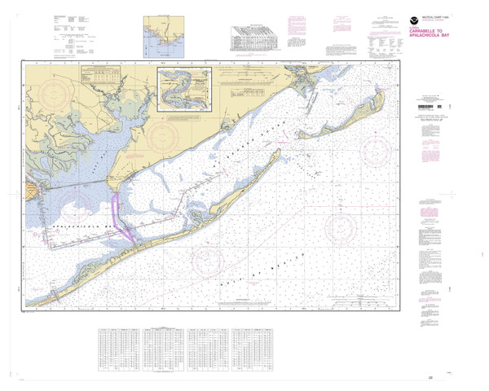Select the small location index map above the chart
(x=162, y=36)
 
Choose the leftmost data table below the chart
(x=117, y=347)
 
